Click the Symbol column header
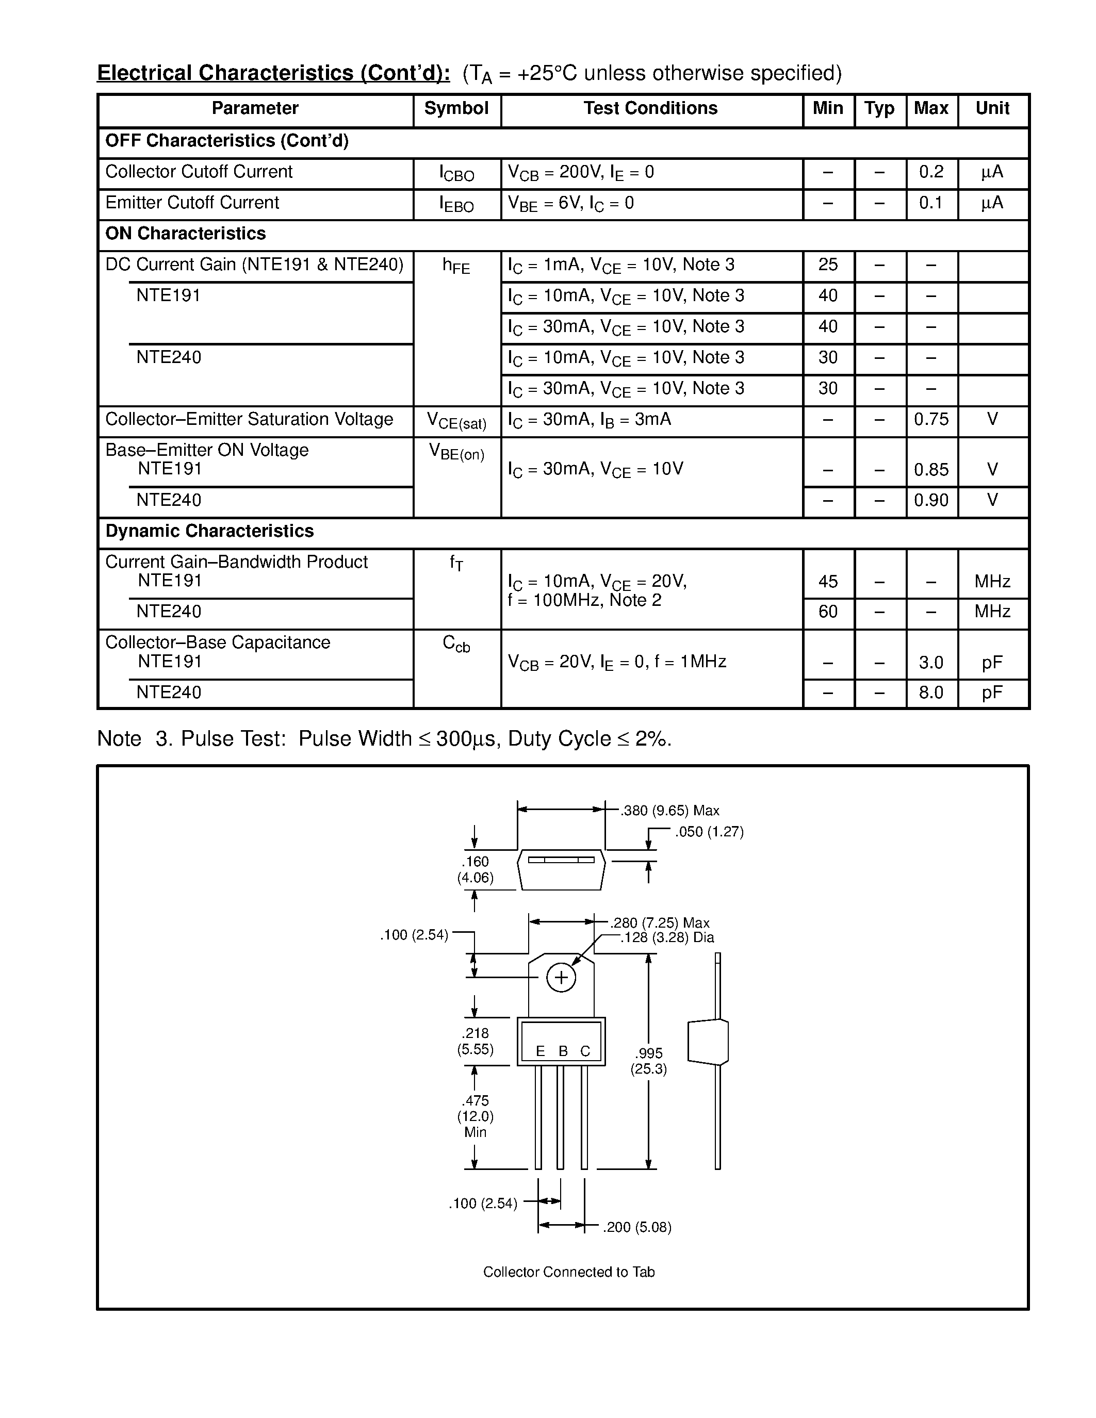(x=456, y=108)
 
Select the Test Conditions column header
(x=650, y=108)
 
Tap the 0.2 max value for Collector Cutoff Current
(x=930, y=172)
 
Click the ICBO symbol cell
(x=456, y=173)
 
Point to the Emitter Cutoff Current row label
(x=192, y=203)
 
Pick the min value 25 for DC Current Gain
(x=828, y=265)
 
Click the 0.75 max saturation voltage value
(x=931, y=419)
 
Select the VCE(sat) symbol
(x=456, y=421)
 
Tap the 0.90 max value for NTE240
(x=931, y=500)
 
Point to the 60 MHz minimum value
(x=828, y=612)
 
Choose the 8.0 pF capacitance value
(x=930, y=693)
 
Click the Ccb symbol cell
(x=456, y=644)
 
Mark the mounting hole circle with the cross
(x=561, y=978)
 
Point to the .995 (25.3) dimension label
(x=649, y=1061)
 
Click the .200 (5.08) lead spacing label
(x=637, y=1227)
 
